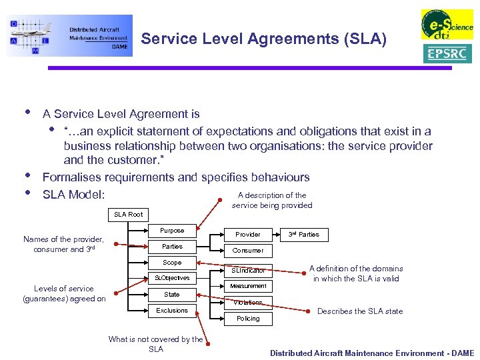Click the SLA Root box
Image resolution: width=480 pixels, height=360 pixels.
[128, 215]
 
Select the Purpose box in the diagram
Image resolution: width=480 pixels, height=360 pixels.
[172, 231]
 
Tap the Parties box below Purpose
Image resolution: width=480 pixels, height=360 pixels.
[172, 247]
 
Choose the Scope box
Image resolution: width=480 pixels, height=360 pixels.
[172, 263]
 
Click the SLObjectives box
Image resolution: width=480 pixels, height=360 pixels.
[172, 278]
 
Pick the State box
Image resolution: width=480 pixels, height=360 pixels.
[172, 294]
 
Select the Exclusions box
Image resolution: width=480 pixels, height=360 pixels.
[172, 311]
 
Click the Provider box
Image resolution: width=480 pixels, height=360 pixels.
[248, 235]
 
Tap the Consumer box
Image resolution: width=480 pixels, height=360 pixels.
[248, 251]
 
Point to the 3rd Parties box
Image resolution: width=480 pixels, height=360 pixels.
[303, 235]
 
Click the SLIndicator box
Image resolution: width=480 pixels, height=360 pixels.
[248, 270]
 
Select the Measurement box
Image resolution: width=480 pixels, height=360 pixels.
[248, 286]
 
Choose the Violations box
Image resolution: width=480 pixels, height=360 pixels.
[248, 303]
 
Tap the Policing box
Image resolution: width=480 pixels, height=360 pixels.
[248, 319]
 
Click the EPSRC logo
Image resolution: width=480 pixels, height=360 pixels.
[447, 53]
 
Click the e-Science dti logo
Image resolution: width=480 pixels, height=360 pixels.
[447, 25]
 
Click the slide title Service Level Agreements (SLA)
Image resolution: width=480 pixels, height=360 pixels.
[263, 39]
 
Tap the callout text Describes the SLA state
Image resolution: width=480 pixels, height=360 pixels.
[360, 311]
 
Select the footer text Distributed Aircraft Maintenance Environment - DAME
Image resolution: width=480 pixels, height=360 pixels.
[371, 353]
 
